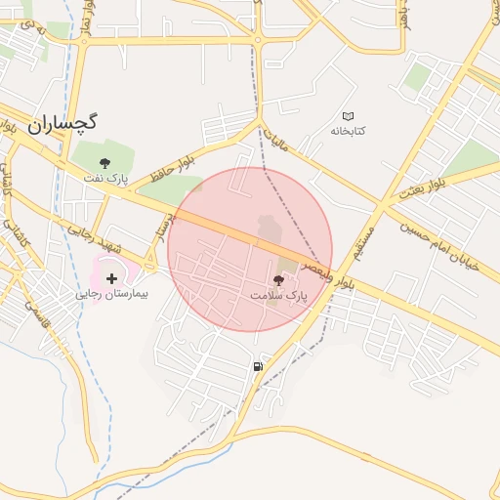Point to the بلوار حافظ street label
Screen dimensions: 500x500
coord(173,166)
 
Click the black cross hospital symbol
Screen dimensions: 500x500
coord(110,279)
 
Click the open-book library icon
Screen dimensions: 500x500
coord(349,116)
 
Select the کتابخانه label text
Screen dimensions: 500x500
coord(348,130)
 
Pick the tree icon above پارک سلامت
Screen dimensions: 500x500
coord(278,281)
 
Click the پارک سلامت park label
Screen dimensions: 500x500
coord(278,294)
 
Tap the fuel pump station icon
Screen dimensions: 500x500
coord(257,366)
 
